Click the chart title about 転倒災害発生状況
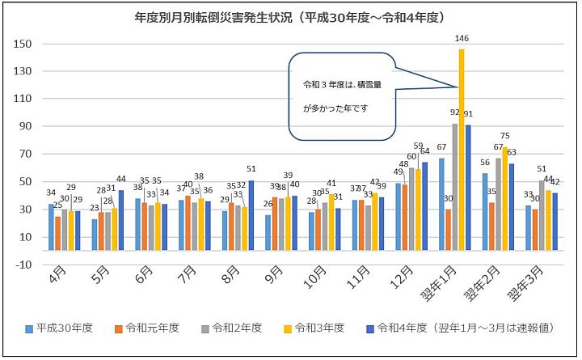(291, 17)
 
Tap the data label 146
(462, 37)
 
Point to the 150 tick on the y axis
(23, 44)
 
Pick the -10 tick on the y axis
(23, 265)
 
